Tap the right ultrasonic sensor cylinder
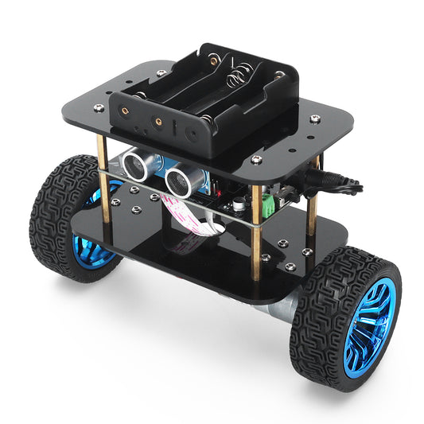click(x=178, y=181)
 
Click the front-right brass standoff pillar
click(x=255, y=231)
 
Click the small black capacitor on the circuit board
click(x=236, y=205)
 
